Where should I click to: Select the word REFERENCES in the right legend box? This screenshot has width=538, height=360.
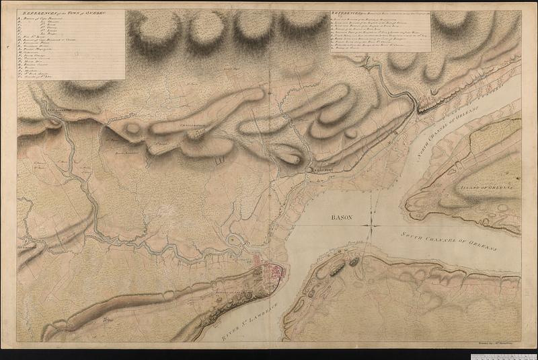[350, 13]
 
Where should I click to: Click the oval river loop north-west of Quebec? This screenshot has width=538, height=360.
[236, 241]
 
